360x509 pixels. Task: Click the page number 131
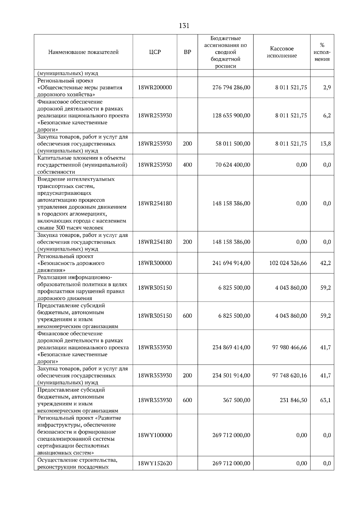[x=184, y=26]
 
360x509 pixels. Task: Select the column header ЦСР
[x=155, y=52]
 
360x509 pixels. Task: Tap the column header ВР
[x=187, y=52]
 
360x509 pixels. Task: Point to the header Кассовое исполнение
[x=282, y=52]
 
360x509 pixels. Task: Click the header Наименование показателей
[x=83, y=52]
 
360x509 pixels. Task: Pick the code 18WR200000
[x=155, y=88]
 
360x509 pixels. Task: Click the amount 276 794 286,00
[x=231, y=88]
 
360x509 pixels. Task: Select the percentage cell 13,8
[x=325, y=144]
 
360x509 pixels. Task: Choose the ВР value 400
[x=187, y=165]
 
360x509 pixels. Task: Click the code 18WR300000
[x=155, y=263]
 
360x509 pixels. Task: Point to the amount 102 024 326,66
[x=288, y=263]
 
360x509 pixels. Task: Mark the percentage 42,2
[x=325, y=263]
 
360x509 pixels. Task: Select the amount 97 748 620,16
[x=289, y=375]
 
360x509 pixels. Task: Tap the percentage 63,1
[x=325, y=400]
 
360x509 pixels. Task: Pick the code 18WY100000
[x=155, y=435]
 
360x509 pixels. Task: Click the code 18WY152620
[x=155, y=463]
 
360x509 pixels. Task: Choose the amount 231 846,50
[x=293, y=400]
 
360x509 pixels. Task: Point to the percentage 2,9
[x=327, y=88]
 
